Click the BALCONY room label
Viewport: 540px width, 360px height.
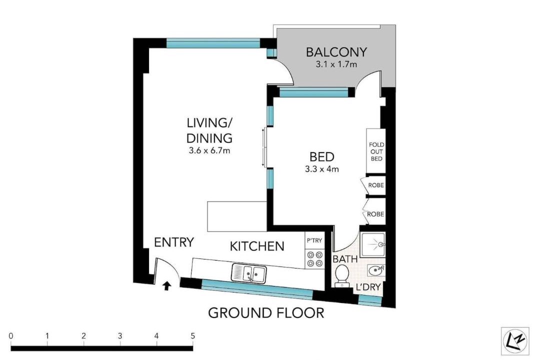click(x=336, y=52)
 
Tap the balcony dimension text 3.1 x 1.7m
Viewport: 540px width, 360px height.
click(x=336, y=64)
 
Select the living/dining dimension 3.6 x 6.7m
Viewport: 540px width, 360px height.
click(x=209, y=150)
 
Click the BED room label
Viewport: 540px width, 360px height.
click(x=322, y=156)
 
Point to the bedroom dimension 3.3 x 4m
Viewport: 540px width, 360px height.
click(x=321, y=169)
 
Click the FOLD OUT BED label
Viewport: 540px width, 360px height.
click(x=376, y=151)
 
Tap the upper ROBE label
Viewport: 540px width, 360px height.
click(x=376, y=185)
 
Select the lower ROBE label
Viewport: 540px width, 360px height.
click(x=375, y=214)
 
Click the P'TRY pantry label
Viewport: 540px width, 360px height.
click(x=314, y=240)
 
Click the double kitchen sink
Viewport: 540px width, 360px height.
click(x=249, y=273)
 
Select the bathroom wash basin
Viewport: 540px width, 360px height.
click(x=375, y=270)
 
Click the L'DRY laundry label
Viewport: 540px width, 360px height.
click(x=368, y=286)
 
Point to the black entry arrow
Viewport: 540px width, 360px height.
click(x=167, y=285)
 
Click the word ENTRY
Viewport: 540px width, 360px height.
click(x=174, y=242)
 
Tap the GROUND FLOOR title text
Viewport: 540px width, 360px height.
click(x=266, y=313)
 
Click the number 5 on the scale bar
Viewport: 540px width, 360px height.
click(x=193, y=335)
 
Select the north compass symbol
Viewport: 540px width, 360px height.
click(x=515, y=340)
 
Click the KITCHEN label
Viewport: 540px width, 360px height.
click(x=257, y=246)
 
